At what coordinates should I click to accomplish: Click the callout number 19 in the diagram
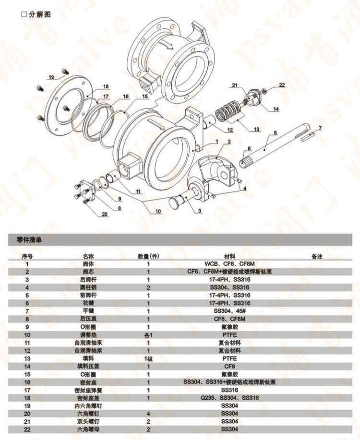click(51, 77)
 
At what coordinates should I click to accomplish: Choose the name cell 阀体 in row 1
click(88, 264)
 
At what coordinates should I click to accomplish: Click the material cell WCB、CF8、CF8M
click(232, 264)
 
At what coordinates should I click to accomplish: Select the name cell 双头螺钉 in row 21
click(88, 421)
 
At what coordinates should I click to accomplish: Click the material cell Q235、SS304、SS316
click(232, 397)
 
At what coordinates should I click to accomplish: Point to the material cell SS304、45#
click(232, 311)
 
